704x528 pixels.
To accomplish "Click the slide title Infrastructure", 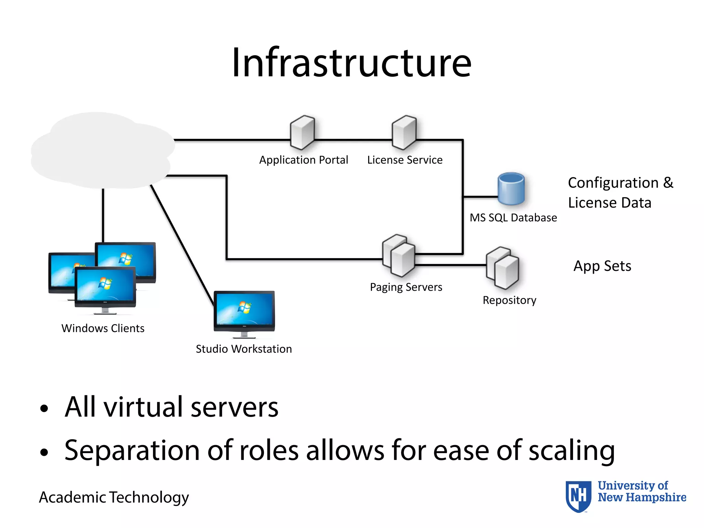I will (x=351, y=63).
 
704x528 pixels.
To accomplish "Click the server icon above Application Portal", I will (x=302, y=132).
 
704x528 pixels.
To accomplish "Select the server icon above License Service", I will (x=404, y=132).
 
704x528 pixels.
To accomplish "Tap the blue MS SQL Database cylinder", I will (x=511, y=189).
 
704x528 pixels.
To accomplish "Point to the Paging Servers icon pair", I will (x=399, y=256).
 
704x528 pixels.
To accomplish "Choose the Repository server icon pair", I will (x=503, y=268).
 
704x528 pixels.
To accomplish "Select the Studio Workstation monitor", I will (x=244, y=311).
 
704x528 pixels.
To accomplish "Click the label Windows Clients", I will (x=103, y=328).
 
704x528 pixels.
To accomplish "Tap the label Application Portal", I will (x=304, y=160).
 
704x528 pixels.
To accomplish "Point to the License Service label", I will (x=405, y=160).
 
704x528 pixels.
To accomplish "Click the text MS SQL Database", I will (x=513, y=218).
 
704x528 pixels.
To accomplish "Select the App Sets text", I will (x=602, y=266).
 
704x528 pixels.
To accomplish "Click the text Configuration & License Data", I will (x=620, y=192).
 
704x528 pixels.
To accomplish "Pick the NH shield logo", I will (x=579, y=496).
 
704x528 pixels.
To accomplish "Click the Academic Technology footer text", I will (x=114, y=497).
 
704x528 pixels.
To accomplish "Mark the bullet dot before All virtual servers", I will (x=44, y=408).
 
